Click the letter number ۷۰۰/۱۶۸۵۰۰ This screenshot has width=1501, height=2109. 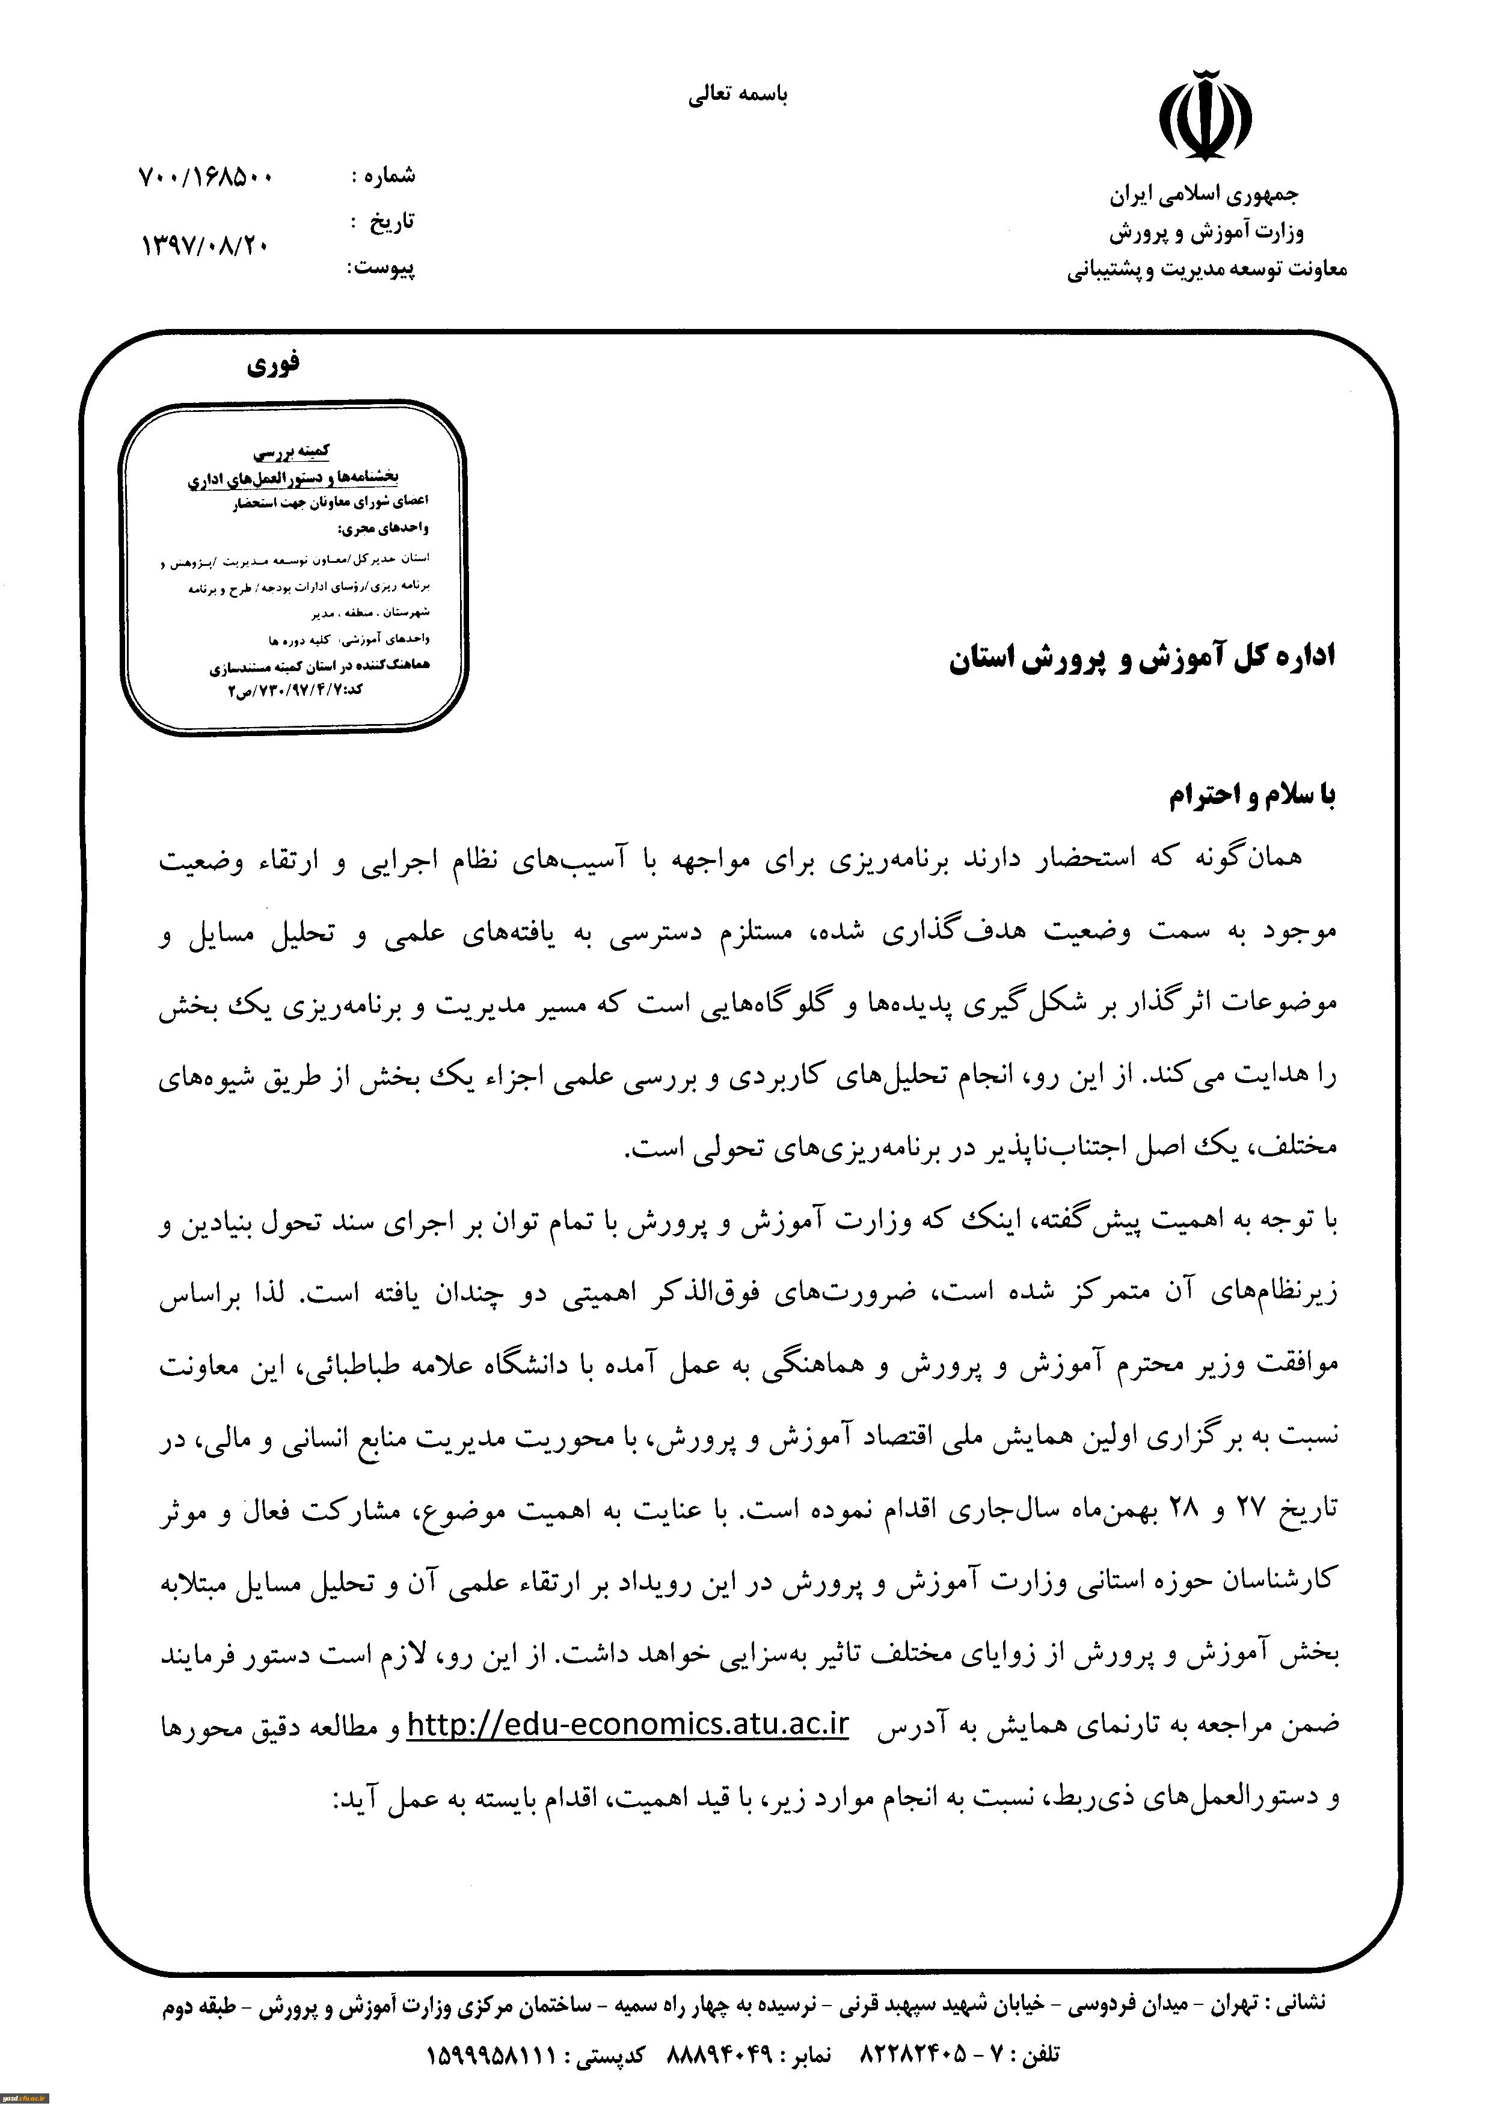pos(205,177)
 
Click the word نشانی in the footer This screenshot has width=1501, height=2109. pos(1298,2003)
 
